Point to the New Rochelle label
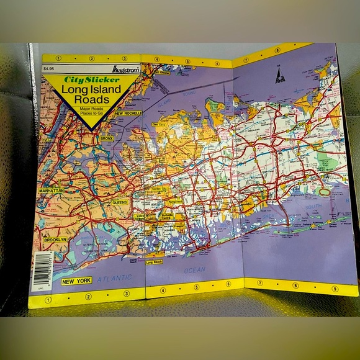128,113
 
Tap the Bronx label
106,138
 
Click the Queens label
120,202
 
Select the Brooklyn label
55,239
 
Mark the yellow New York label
76,281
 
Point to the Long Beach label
153,262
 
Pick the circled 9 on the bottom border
335,288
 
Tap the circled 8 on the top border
277,50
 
